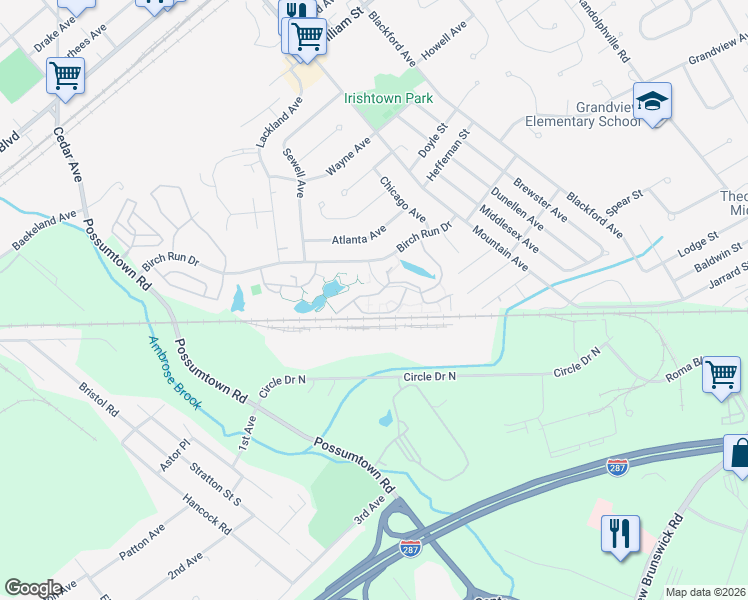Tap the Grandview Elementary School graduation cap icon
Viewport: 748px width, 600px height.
point(652,102)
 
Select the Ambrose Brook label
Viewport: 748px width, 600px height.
point(175,372)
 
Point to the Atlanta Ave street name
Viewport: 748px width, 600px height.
point(358,235)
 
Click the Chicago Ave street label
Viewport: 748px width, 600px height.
point(401,200)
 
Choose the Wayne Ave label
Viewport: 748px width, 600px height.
point(349,157)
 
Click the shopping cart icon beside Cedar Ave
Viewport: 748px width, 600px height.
point(65,75)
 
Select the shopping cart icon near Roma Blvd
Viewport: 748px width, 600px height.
point(721,377)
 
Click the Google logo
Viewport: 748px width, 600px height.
point(33,588)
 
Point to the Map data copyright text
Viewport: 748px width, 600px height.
point(706,592)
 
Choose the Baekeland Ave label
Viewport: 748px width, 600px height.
point(44,230)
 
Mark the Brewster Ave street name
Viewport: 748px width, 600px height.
point(540,200)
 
